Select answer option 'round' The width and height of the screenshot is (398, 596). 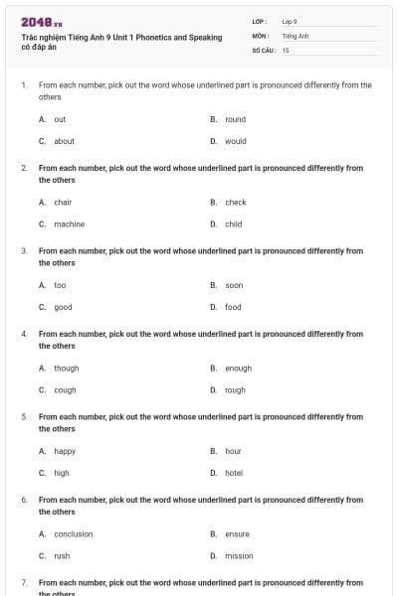[235, 119]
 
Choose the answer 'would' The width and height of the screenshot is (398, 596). [235, 141]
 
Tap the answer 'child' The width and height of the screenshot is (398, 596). [233, 224]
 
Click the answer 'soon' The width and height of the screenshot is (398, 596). [233, 285]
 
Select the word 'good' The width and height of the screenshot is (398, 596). [63, 307]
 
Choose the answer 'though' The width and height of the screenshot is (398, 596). [66, 369]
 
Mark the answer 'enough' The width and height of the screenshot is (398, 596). [238, 369]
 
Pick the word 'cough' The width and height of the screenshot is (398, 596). [65, 390]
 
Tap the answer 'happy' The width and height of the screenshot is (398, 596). [65, 451]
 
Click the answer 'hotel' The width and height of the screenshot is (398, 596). [233, 473]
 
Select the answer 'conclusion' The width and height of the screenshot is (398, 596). [73, 534]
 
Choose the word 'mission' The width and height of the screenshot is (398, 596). [239, 556]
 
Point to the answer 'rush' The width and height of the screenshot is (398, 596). [62, 556]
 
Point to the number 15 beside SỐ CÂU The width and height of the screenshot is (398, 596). [286, 50]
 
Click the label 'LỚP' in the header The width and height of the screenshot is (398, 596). [259, 21]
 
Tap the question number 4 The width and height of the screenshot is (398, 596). [24, 335]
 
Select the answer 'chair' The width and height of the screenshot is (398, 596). [63, 203]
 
